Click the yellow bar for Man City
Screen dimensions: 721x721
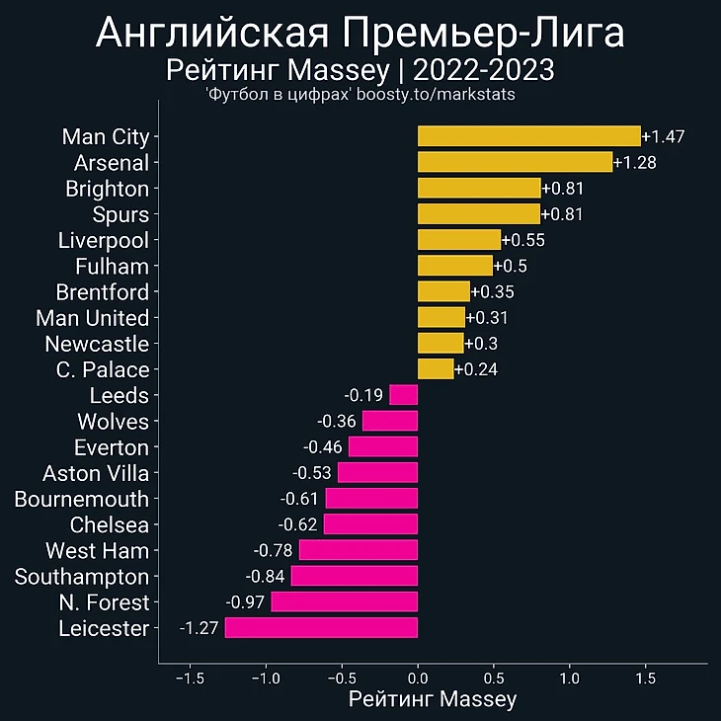528,136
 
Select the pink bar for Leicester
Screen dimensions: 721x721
321,628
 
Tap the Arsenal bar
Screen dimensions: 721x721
515,162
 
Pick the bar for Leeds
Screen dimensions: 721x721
403,395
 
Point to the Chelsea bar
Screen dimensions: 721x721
370,524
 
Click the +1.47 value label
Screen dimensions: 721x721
663,136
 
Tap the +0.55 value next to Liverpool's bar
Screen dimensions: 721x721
523,240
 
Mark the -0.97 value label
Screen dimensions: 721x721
247,602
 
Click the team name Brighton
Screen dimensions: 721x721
107,189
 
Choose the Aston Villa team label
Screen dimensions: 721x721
96,473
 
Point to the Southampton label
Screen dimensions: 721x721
81,577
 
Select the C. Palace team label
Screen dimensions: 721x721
103,369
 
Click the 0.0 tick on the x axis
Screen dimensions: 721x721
418,680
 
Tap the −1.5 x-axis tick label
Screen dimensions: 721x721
190,680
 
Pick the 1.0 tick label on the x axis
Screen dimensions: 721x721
569,680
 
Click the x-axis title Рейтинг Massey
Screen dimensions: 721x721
433,700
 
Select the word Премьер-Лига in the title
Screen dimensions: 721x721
483,35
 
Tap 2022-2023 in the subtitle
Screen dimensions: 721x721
483,71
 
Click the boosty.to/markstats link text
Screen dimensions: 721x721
436,95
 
